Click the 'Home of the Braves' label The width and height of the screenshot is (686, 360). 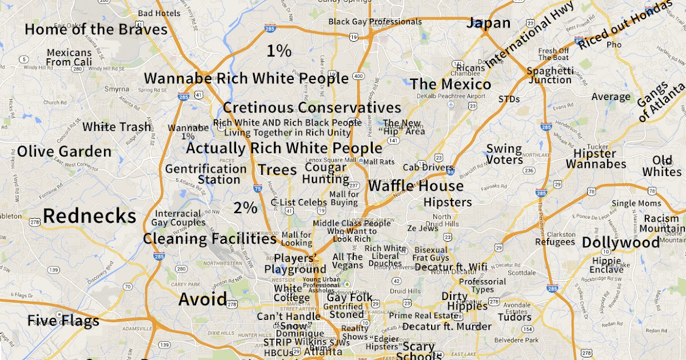tap(96, 30)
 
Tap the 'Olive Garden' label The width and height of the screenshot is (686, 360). tap(64, 151)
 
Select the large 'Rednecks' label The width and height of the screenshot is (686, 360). tap(90, 216)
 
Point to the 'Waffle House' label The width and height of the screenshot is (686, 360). tap(416, 186)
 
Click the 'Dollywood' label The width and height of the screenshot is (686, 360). tap(620, 242)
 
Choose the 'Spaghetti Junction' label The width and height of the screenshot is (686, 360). tap(549, 75)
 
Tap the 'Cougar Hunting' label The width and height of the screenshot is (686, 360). tap(326, 173)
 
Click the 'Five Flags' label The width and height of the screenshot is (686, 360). tap(63, 321)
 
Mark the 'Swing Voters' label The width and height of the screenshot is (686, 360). tap(504, 154)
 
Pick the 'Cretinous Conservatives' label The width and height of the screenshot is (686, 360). tap(312, 107)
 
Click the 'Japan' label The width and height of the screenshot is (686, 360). tap(488, 23)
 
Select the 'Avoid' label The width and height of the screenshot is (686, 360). tap(203, 299)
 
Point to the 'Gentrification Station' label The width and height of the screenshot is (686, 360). tap(206, 174)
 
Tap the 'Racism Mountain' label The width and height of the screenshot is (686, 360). tap(661, 224)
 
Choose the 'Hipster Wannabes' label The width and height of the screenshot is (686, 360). tap(596, 159)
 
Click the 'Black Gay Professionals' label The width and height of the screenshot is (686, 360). tap(375, 22)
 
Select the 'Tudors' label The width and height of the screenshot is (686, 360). tap(514, 317)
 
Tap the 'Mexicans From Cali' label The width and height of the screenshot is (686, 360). tap(69, 57)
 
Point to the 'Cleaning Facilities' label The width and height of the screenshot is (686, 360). tap(209, 239)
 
